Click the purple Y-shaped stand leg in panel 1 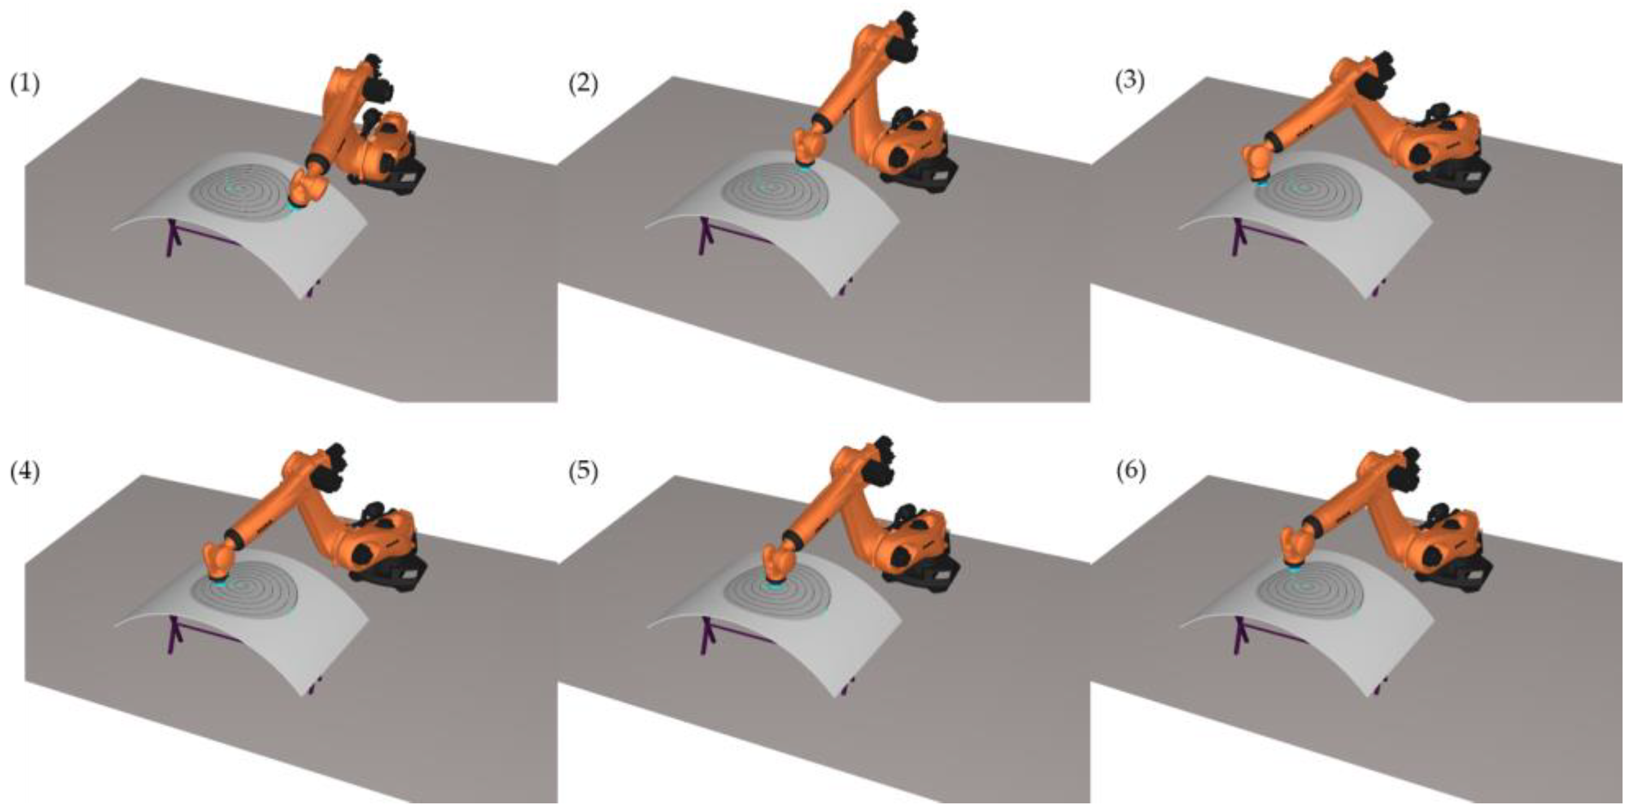tap(172, 238)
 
